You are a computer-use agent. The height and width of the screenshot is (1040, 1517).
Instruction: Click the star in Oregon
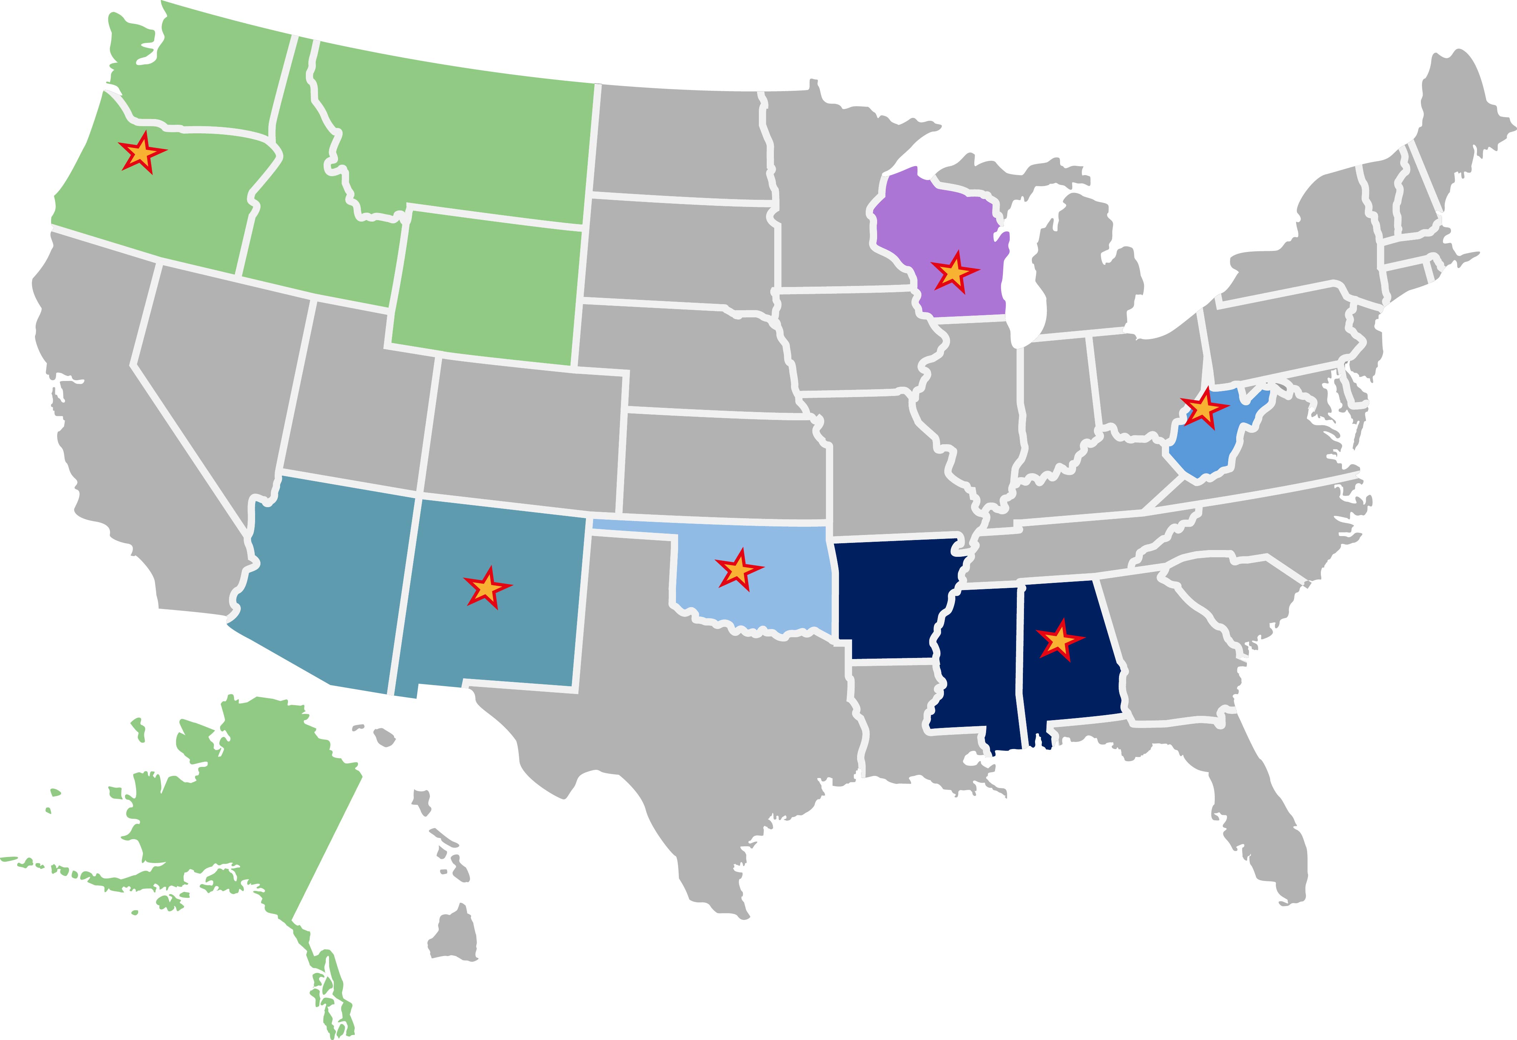coord(141,154)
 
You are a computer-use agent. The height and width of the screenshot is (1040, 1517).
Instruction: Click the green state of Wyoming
coord(486,287)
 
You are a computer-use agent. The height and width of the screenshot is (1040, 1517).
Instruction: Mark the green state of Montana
coord(457,137)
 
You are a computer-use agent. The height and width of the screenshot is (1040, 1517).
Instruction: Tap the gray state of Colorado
coord(529,431)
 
